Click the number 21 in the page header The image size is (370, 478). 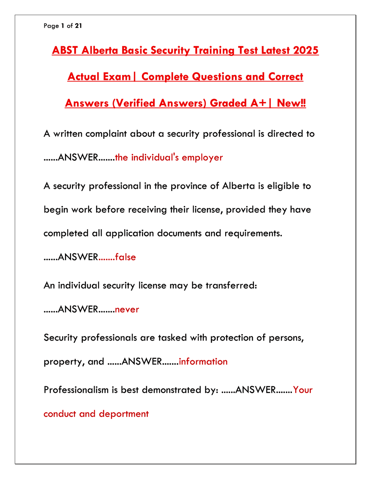pos(78,26)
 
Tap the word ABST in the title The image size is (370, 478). pos(65,51)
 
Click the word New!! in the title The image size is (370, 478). pos(291,103)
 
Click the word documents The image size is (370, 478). pos(179,233)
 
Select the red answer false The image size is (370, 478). pos(125,257)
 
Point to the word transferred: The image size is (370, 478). pos(231,285)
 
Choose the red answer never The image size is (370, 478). pos(127,309)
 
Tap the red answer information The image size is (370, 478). pos(203,362)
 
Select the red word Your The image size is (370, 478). pos(303,390)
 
